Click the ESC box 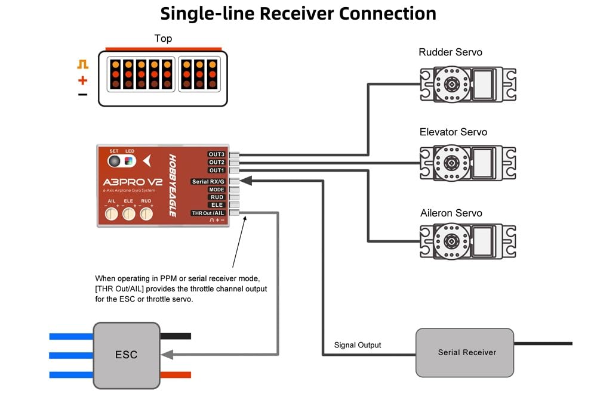click(x=127, y=355)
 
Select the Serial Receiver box click(x=464, y=352)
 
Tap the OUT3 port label click(x=216, y=154)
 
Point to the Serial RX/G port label click(x=208, y=182)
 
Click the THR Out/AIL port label click(x=208, y=213)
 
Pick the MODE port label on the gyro click(x=216, y=190)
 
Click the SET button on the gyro click(x=114, y=161)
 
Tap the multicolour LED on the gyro click(x=129, y=161)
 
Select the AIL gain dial click(x=111, y=214)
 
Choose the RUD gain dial click(x=146, y=214)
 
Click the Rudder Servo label click(x=450, y=52)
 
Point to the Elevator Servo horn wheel click(x=451, y=163)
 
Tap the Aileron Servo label click(x=451, y=213)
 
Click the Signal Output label click(x=358, y=345)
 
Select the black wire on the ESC click(x=176, y=336)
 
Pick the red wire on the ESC click(x=176, y=375)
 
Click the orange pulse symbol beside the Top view click(x=82, y=64)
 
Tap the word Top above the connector click(x=163, y=38)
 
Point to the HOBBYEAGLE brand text click(x=173, y=185)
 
